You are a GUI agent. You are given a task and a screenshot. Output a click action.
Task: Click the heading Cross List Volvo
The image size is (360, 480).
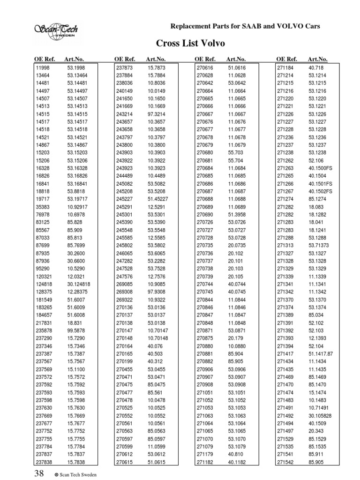190,44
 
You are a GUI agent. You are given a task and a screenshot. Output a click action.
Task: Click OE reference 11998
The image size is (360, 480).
43,68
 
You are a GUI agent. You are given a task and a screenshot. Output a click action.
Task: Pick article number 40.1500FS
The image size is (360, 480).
321,167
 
